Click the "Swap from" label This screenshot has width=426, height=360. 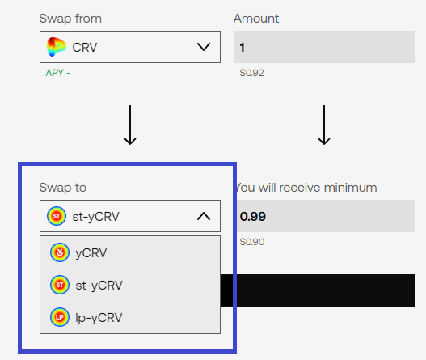[70, 19]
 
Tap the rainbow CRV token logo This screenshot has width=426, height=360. [57, 47]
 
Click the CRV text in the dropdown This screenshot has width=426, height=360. [85, 47]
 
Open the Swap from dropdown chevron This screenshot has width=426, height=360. [204, 47]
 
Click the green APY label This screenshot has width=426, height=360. [58, 73]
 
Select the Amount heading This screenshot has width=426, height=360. [256, 19]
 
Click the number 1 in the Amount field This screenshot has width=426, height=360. [242, 47]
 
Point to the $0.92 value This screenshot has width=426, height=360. [251, 73]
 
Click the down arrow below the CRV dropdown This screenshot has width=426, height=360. [130, 125]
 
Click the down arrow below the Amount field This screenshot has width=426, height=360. [324, 125]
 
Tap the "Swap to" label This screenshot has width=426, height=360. [63, 188]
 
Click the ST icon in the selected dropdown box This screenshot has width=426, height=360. [57, 216]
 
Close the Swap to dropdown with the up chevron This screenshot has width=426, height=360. [204, 217]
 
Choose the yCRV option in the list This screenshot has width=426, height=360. [91, 253]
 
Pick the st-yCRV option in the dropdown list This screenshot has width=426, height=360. [99, 286]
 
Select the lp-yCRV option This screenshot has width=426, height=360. [99, 318]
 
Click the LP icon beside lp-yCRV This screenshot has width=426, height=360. [60, 317]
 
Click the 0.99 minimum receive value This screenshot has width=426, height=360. [253, 217]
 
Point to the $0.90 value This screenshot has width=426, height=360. [252, 242]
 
